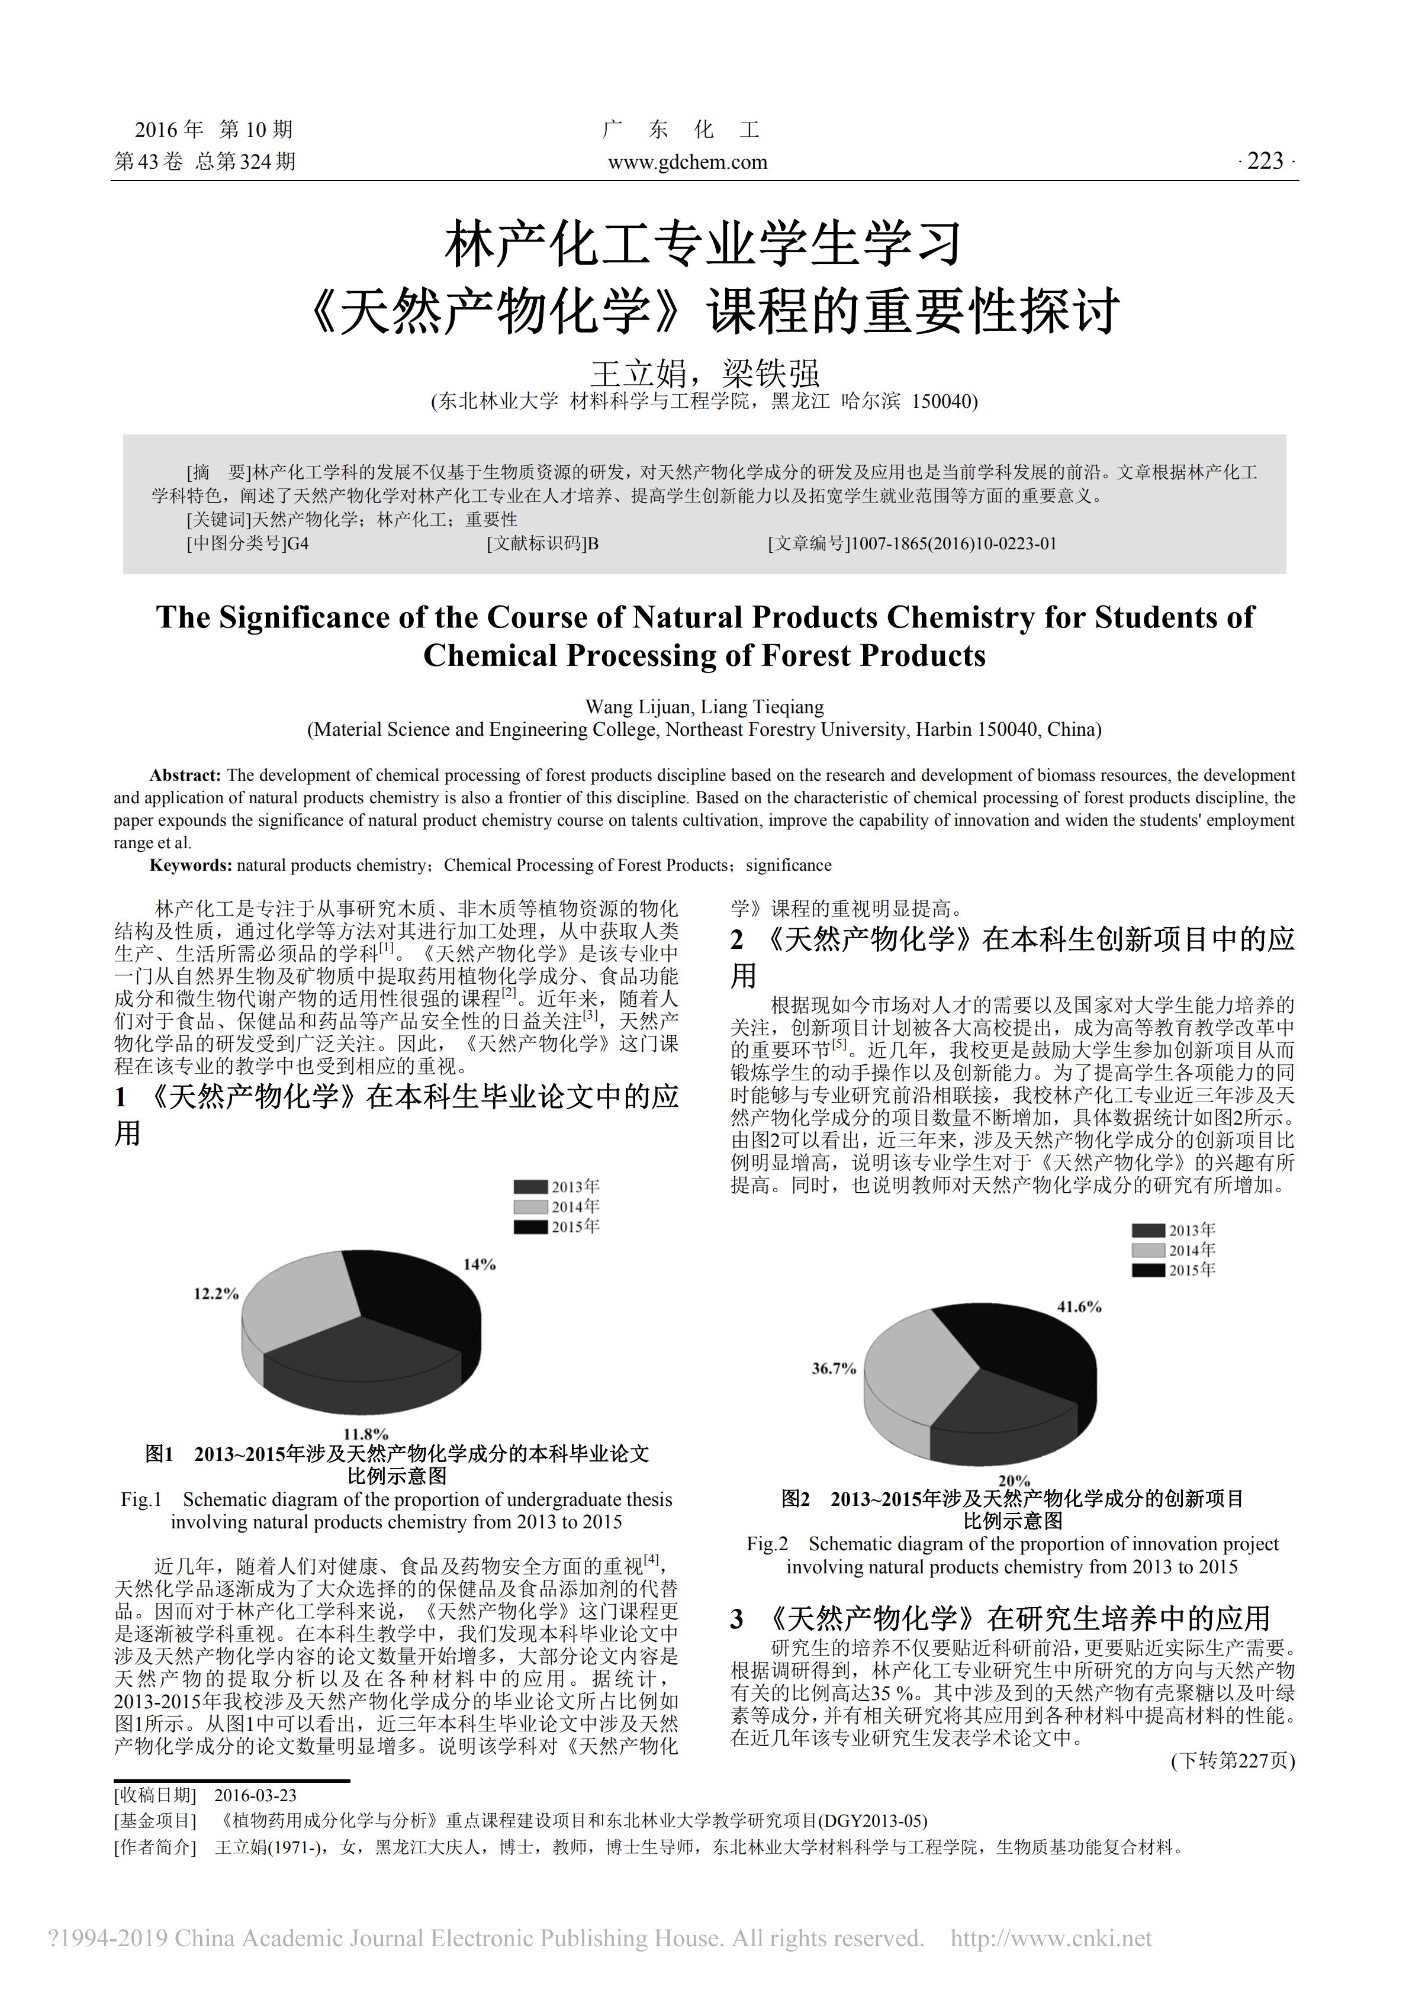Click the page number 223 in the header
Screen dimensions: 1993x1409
click(1265, 162)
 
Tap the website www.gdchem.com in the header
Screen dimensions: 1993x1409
click(687, 162)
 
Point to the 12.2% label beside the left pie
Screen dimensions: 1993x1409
click(215, 1294)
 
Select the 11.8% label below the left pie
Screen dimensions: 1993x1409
click(365, 1434)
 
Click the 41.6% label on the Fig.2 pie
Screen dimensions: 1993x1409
click(1079, 1306)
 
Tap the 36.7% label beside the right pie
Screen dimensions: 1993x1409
click(834, 1369)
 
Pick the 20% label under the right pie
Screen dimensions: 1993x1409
click(1014, 1481)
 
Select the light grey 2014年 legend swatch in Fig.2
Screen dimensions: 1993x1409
click(1148, 1251)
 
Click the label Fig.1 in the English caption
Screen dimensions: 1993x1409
click(141, 1500)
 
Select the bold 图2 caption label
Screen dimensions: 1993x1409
click(795, 1499)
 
